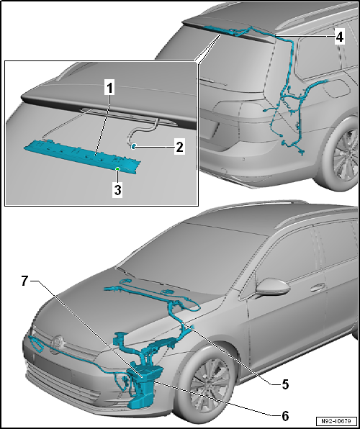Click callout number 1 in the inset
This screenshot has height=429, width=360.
(109, 89)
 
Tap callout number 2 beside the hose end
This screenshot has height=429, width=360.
(179, 147)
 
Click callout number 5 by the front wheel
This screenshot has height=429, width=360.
(284, 384)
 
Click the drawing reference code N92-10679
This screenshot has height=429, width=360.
(335, 421)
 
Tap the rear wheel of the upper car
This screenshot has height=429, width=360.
(347, 155)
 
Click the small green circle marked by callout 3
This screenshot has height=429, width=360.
(118, 169)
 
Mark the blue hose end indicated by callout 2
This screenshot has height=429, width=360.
(134, 146)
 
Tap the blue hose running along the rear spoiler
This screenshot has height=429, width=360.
(230, 30)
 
